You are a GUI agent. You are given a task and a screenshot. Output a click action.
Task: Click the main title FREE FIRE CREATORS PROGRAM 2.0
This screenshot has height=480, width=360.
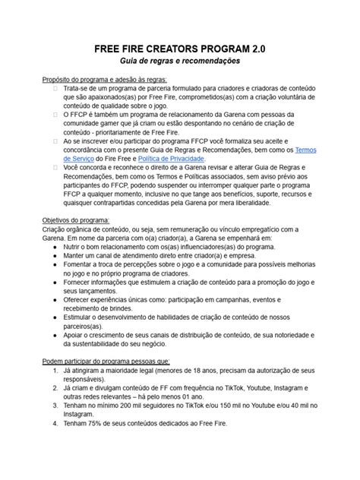tap(179, 48)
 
